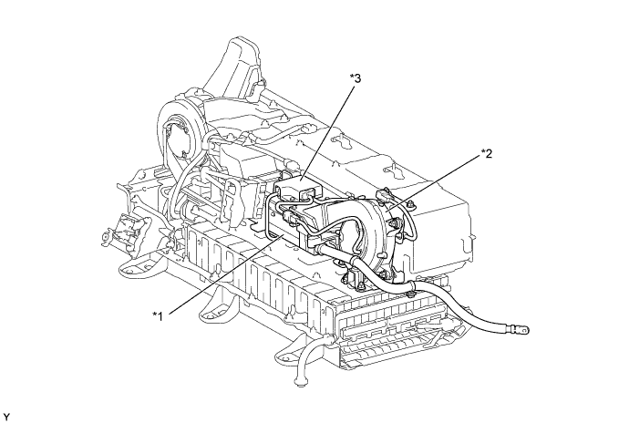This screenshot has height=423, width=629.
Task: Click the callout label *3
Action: point(355,79)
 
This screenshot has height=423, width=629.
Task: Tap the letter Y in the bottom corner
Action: point(6,416)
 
